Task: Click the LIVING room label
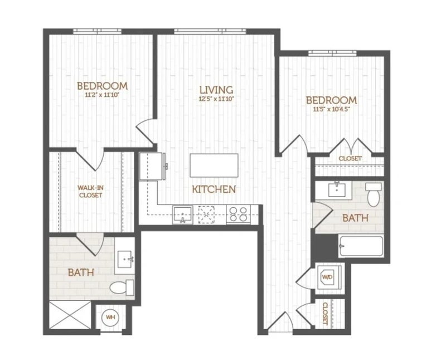click(216, 90)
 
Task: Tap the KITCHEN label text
click(214, 189)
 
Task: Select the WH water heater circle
click(110, 317)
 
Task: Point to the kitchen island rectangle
click(214, 165)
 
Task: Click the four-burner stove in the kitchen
click(239, 214)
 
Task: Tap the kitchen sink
click(182, 214)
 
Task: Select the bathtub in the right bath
click(361, 246)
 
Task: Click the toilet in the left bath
click(122, 287)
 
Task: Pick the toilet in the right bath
click(374, 195)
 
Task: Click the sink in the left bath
click(124, 259)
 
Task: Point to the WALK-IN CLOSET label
click(90, 191)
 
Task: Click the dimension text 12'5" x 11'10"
click(216, 99)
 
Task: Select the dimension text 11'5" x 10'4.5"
click(331, 109)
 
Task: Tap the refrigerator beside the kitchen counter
click(152, 166)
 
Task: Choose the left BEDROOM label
click(103, 86)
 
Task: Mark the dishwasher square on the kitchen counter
click(207, 214)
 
